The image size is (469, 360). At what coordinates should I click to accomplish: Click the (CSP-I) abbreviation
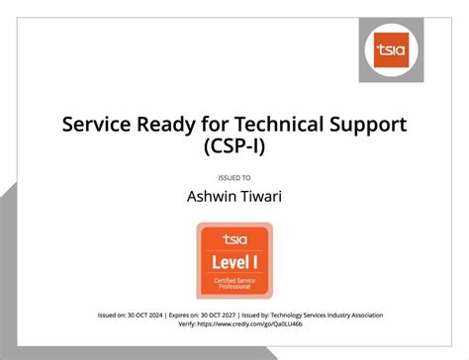(x=234, y=148)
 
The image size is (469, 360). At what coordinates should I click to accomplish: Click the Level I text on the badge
(x=234, y=262)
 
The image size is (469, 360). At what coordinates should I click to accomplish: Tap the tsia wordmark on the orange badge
(x=234, y=238)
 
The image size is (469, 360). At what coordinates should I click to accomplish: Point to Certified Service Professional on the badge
(x=234, y=286)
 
